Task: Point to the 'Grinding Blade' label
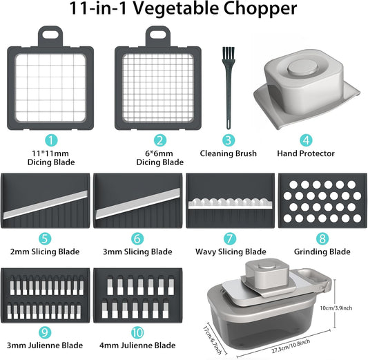[x=321, y=252]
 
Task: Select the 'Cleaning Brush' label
[x=228, y=153]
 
